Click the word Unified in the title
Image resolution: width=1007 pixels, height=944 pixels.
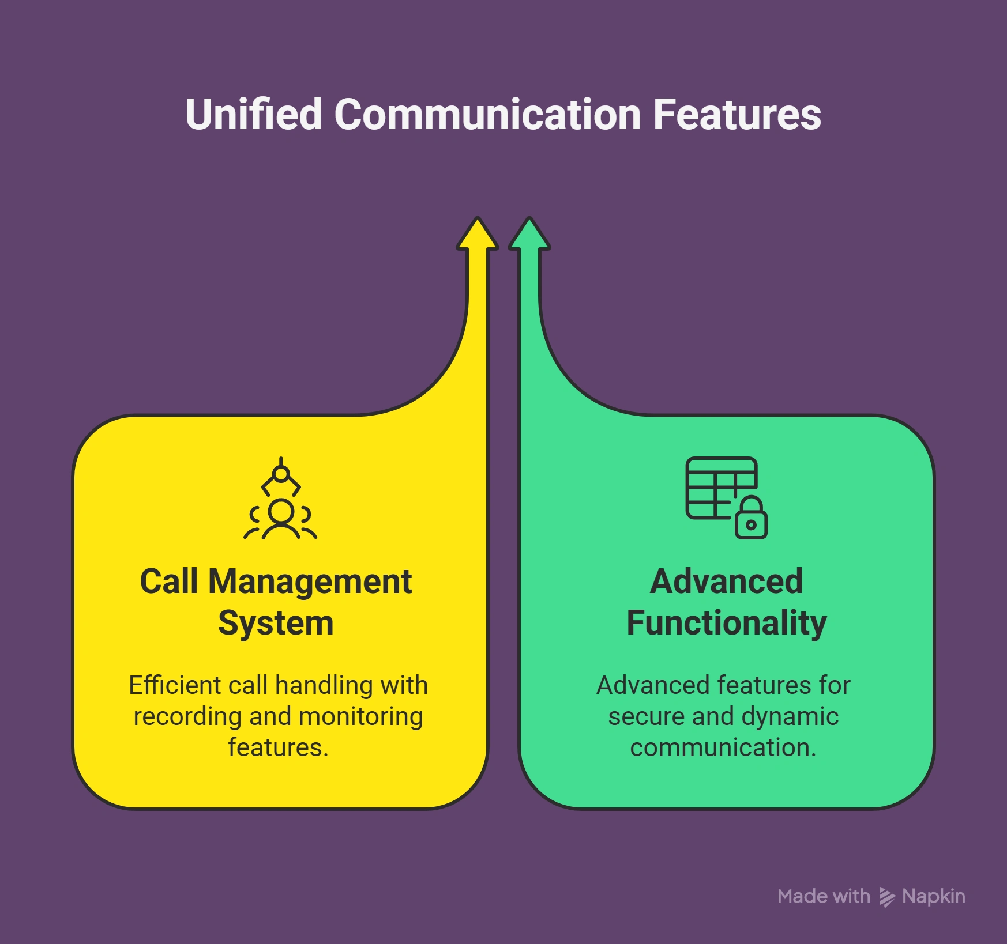pos(253,114)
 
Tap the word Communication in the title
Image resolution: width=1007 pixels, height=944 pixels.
pos(487,114)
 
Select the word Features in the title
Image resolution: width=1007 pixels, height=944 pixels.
pos(737,114)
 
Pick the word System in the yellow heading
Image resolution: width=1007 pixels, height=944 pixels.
pos(276,623)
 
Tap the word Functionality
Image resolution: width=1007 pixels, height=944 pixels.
pos(726,623)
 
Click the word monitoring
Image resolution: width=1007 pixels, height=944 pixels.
pos(360,716)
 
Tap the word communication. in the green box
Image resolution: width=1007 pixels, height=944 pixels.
pos(723,747)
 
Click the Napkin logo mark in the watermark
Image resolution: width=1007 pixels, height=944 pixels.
pos(886,897)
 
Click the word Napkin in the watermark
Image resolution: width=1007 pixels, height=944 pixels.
pos(933,896)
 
